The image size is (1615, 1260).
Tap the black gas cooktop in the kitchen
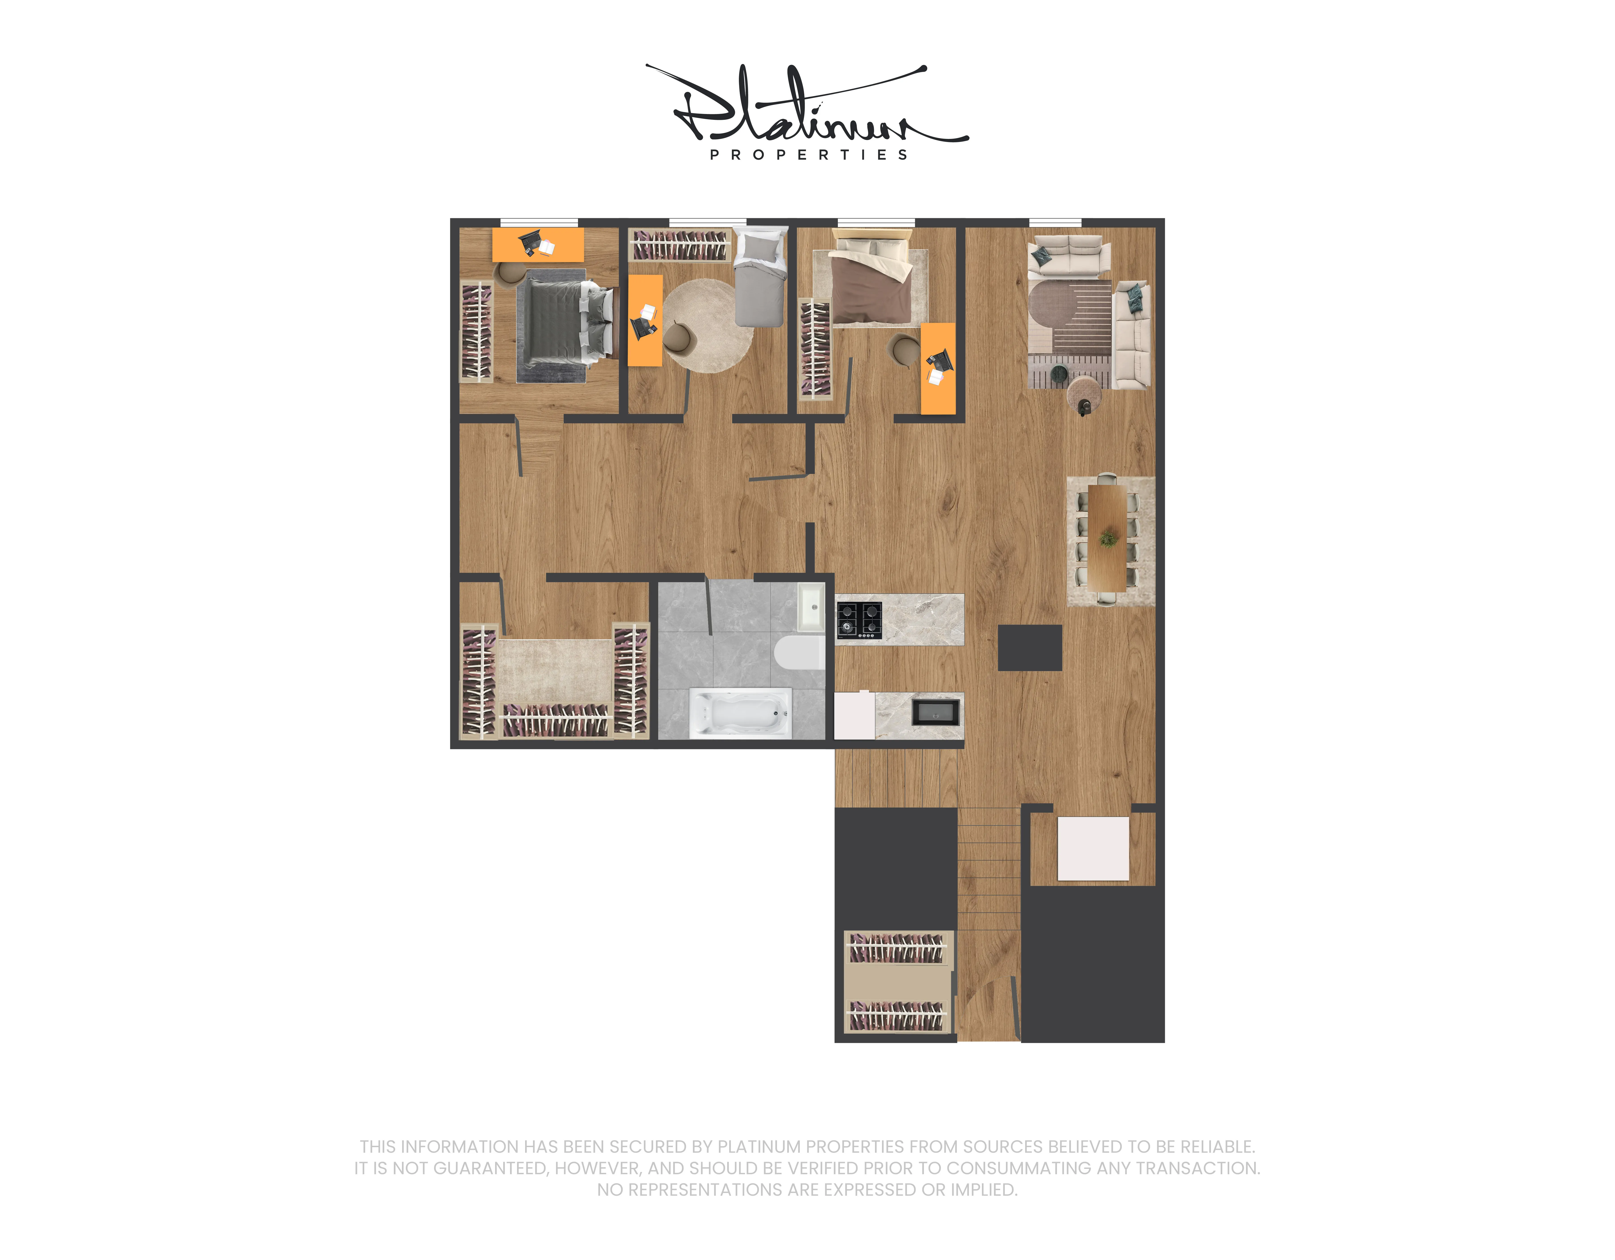pos(859,620)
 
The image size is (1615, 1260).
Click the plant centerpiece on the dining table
pos(1108,538)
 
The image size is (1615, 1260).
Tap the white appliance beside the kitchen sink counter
pos(854,715)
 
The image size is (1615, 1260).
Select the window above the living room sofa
pos(1055,222)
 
